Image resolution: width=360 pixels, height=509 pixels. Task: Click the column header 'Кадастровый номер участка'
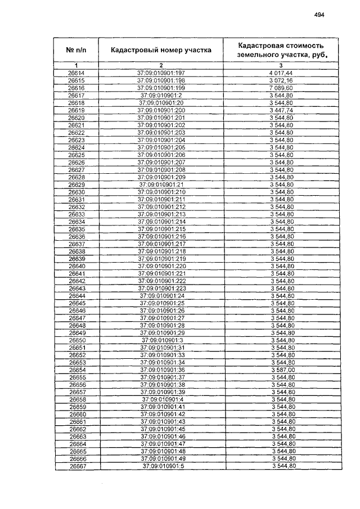161,50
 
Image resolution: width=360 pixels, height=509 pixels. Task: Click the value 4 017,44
282,74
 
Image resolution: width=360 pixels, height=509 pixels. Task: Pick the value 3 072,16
282,81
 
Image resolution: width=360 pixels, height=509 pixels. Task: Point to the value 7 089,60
282,88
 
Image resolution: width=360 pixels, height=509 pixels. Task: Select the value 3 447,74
282,111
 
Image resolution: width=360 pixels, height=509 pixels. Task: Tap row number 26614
76,74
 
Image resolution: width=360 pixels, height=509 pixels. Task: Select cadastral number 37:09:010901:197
161,74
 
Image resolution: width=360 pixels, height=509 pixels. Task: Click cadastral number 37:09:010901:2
161,96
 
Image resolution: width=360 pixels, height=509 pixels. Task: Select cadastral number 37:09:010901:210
161,192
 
